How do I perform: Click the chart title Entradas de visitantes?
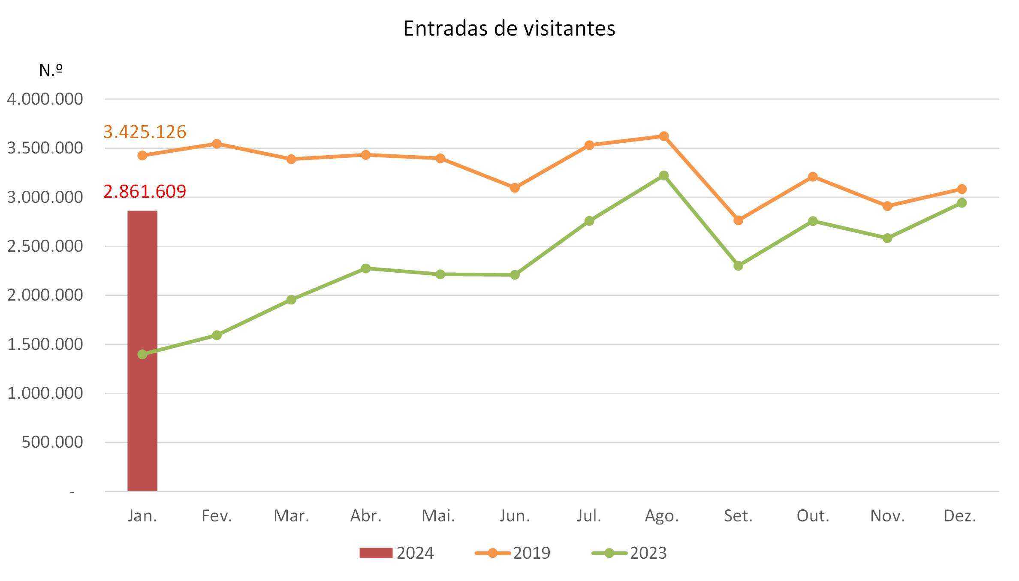click(x=509, y=29)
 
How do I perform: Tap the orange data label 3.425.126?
click(x=145, y=132)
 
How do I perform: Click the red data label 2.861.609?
click(x=145, y=191)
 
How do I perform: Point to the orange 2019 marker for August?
click(x=664, y=136)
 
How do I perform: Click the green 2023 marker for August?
click(x=664, y=175)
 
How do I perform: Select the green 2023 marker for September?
click(x=739, y=266)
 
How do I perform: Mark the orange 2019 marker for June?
click(x=515, y=188)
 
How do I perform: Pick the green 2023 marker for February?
click(x=217, y=335)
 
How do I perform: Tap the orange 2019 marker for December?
click(x=962, y=189)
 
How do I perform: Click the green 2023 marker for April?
click(x=366, y=268)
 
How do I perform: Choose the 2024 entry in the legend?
click(x=397, y=553)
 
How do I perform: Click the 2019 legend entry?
click(x=513, y=553)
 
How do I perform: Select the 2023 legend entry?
click(x=630, y=553)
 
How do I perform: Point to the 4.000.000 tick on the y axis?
click(x=45, y=99)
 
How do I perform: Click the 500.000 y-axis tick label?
click(x=52, y=442)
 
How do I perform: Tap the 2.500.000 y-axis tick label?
click(x=45, y=246)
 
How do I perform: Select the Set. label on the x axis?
click(x=738, y=516)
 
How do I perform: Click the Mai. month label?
click(x=438, y=516)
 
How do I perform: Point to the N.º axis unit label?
click(x=51, y=70)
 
